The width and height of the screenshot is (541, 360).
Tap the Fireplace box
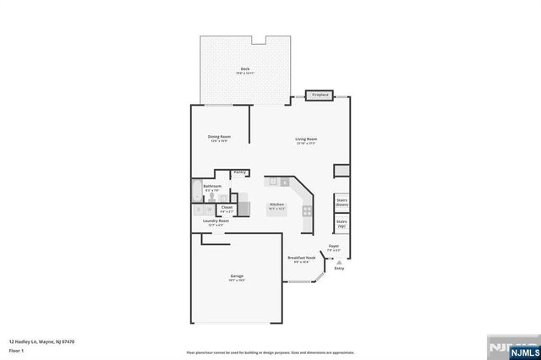pos(320,95)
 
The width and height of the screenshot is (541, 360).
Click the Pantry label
pos(239,172)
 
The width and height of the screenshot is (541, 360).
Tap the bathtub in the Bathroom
pos(196,191)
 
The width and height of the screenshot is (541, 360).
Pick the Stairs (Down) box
pos(342,203)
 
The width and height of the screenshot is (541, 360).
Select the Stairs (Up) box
pos(342,224)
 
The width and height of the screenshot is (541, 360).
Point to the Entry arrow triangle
pos(339,263)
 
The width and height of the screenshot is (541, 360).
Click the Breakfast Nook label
pos(301,258)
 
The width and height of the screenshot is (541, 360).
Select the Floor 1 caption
pos(16,349)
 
